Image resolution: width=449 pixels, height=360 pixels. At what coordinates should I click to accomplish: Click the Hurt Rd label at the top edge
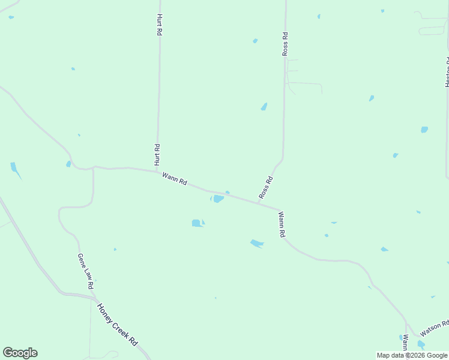(159, 25)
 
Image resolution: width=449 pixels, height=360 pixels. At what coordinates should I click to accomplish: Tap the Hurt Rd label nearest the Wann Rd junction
(157, 155)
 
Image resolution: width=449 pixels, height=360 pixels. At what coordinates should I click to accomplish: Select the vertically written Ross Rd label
(286, 44)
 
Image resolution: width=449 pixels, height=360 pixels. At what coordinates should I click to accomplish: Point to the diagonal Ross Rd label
(266, 187)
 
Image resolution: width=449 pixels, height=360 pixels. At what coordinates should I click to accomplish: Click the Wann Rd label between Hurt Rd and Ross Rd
(175, 179)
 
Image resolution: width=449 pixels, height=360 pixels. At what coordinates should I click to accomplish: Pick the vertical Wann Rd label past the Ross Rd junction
(281, 224)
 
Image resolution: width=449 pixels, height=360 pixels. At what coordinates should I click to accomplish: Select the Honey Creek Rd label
(118, 324)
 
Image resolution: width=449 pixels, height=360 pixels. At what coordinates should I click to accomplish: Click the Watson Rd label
(434, 328)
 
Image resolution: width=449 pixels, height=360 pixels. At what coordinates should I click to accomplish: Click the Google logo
(20, 353)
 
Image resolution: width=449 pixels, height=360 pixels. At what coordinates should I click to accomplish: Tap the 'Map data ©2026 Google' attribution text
(412, 355)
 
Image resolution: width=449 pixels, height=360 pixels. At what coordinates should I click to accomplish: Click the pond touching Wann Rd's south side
(218, 199)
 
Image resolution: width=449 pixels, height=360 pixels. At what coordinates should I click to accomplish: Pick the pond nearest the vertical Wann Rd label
(256, 243)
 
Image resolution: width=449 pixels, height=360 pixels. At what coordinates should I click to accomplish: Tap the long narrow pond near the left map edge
(15, 170)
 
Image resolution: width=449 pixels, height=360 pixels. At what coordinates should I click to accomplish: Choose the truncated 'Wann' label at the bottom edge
(406, 343)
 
